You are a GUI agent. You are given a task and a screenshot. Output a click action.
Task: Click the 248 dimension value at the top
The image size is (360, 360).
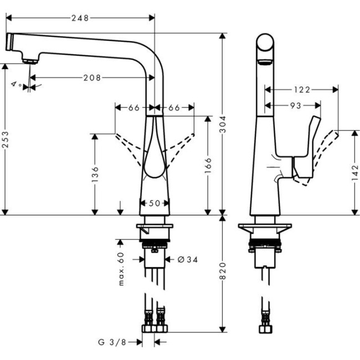(80, 18)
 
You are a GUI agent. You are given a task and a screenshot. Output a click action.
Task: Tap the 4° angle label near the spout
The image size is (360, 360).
(16, 84)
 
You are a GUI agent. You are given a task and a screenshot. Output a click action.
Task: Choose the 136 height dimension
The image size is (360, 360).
(94, 173)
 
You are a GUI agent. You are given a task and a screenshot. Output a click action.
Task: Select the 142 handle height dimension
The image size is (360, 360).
(354, 173)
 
